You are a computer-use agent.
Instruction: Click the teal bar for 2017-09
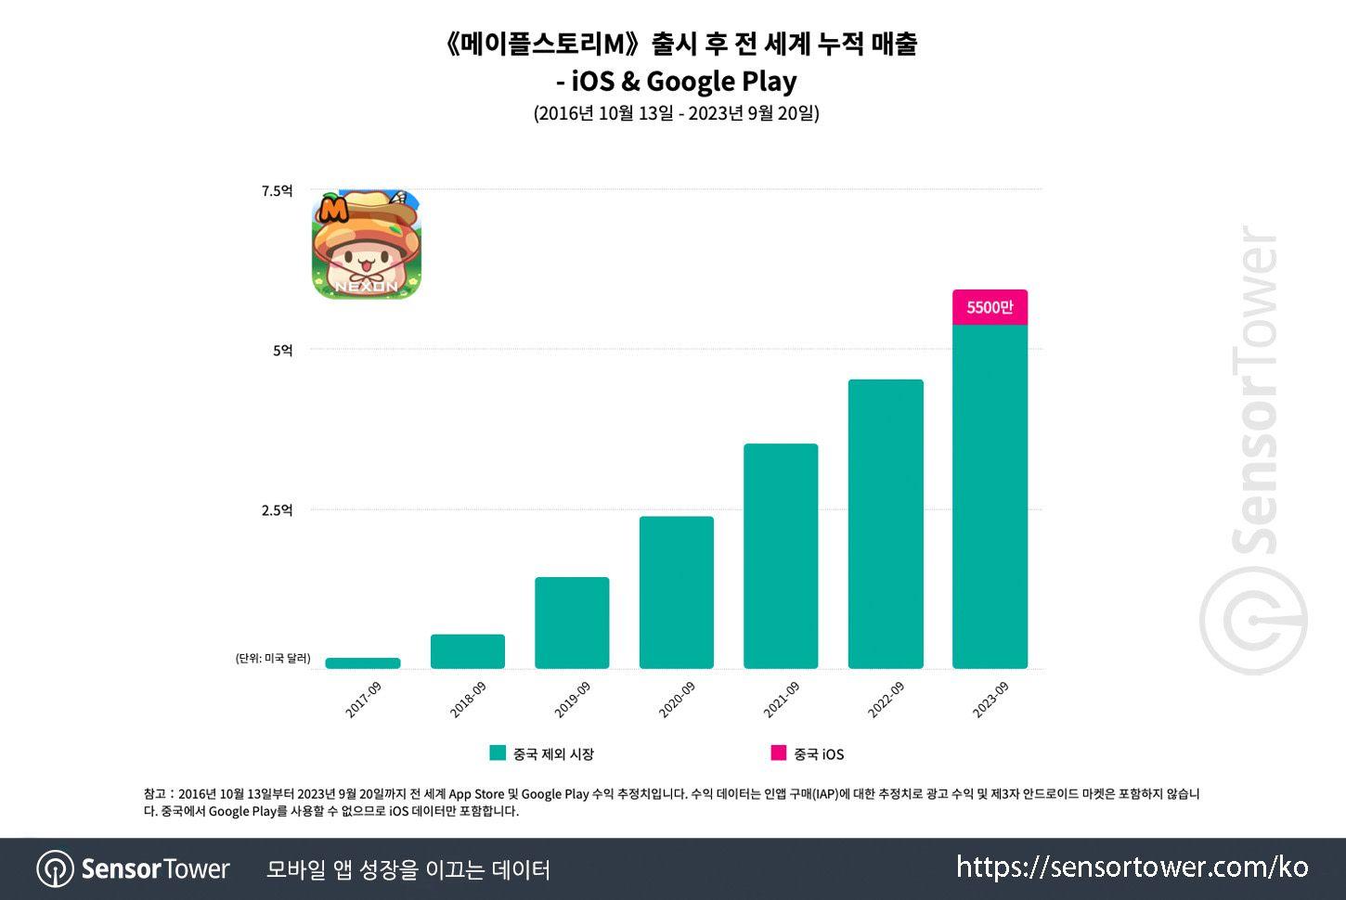363,662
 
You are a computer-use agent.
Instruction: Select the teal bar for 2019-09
572,623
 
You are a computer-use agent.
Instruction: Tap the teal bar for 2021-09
781,556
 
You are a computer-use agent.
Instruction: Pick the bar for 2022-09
886,523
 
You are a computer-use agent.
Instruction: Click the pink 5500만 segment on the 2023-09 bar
990,307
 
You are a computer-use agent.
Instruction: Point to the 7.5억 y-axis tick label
277,191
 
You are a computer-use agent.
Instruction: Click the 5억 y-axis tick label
282,351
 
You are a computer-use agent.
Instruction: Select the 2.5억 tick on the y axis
277,510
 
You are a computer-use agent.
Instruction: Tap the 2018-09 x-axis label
468,700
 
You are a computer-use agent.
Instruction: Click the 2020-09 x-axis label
677,700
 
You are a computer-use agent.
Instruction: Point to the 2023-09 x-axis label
990,700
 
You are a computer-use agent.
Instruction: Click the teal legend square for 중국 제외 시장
498,753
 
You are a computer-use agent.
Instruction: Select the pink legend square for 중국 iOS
778,753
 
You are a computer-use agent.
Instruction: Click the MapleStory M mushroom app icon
366,245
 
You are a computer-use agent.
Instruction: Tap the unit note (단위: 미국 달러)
273,659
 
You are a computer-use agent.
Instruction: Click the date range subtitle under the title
676,113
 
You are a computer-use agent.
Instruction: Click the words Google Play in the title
721,82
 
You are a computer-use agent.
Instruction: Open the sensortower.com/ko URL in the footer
1132,868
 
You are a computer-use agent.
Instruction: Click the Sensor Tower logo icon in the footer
55,869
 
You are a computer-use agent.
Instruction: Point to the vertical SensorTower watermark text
1255,390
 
